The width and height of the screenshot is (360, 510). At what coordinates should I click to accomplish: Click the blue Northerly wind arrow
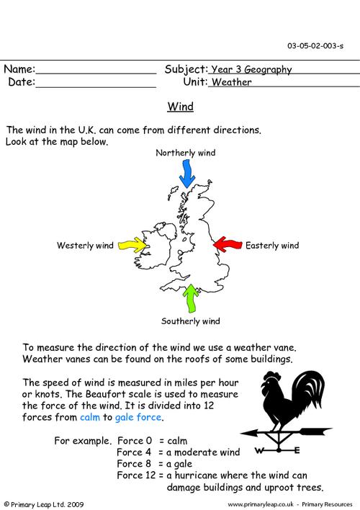coord(186,174)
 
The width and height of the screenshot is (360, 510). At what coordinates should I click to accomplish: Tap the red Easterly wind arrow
coord(228,245)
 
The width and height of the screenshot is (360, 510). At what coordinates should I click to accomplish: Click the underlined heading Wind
coord(180,108)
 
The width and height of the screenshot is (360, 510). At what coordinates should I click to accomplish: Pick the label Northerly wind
coord(186,153)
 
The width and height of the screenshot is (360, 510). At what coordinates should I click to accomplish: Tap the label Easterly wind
coord(272,246)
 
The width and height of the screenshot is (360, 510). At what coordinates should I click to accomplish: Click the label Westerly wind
coord(84,246)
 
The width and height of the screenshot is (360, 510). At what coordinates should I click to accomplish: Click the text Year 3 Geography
coord(251,70)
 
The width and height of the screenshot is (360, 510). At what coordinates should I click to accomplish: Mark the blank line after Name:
coord(96,71)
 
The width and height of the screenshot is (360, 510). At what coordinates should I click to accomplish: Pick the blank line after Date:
coord(96,84)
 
